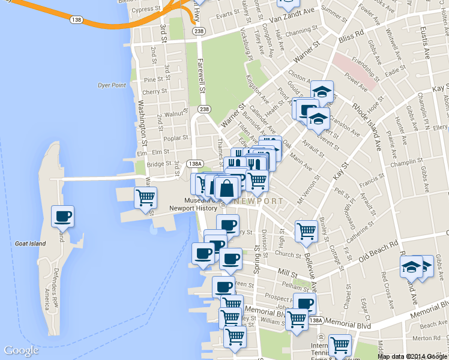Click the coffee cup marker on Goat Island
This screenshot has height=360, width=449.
pos(62,216)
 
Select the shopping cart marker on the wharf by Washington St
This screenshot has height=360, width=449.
pos(145,197)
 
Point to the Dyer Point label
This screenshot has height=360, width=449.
pos(112,86)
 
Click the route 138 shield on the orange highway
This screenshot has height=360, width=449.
pos(76,20)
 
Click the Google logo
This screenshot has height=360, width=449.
pos(21,350)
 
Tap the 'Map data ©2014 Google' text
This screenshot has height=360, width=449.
pos(412,356)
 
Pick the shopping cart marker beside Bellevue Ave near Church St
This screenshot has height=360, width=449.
pos(306,230)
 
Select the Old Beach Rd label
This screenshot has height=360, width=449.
pos(379,250)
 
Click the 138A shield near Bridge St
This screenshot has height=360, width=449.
pos(194,163)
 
